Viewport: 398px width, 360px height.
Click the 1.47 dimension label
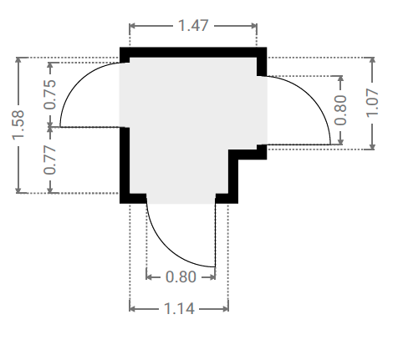193,26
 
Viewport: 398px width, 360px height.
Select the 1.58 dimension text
18,124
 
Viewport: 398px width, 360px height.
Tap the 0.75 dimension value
50,94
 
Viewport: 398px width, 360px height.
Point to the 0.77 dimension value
50,160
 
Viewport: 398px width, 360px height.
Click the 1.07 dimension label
372,103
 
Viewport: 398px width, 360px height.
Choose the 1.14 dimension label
179,309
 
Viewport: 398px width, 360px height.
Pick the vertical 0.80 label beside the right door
340,110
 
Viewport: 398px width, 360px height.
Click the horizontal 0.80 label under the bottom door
181,277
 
